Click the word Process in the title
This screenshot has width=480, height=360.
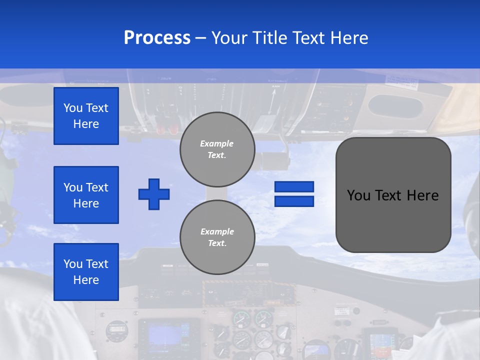[157, 38]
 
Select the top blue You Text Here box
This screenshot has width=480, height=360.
[86, 116]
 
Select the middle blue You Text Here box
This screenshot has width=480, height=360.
[86, 195]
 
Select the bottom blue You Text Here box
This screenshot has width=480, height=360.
[86, 272]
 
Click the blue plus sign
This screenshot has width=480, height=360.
[153, 194]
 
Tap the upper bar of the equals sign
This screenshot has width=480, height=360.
[294, 186]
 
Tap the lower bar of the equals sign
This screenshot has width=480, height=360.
[294, 201]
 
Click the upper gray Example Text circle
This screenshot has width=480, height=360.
[217, 149]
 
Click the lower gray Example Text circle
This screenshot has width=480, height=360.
[217, 237]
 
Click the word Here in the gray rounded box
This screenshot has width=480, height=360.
[422, 195]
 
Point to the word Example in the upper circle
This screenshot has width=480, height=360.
[216, 143]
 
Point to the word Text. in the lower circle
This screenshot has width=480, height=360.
[217, 243]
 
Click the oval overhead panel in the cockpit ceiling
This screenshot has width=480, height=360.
[395, 106]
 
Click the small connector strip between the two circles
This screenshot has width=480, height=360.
[217, 193]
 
